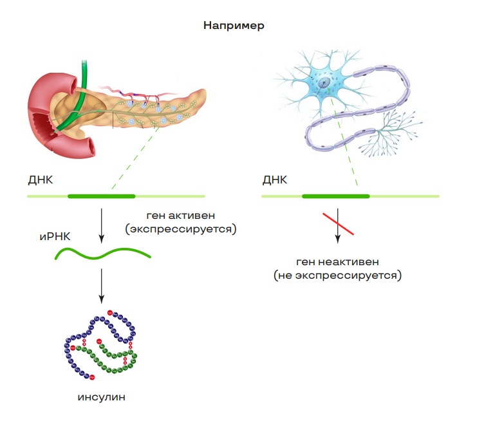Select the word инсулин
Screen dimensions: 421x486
coord(101,397)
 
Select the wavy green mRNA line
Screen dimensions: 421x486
coord(103,254)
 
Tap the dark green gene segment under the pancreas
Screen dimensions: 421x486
coord(102,195)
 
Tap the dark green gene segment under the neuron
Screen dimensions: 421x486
coord(336,195)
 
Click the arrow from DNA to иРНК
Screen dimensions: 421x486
coord(102,225)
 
